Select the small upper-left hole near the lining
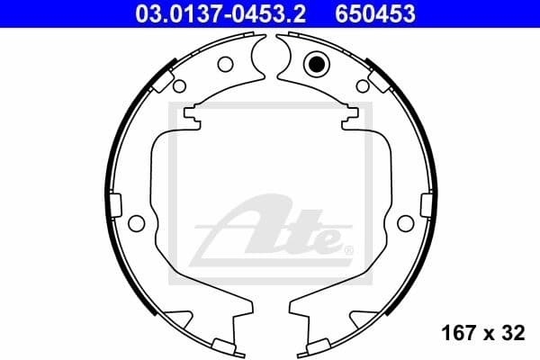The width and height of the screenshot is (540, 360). pos(179,86)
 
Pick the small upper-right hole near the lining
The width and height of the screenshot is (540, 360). pos(362,86)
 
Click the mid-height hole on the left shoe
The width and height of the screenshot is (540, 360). pos(137,222)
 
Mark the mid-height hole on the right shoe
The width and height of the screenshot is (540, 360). pos(404,222)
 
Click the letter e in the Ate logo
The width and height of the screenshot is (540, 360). pos(322,241)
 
